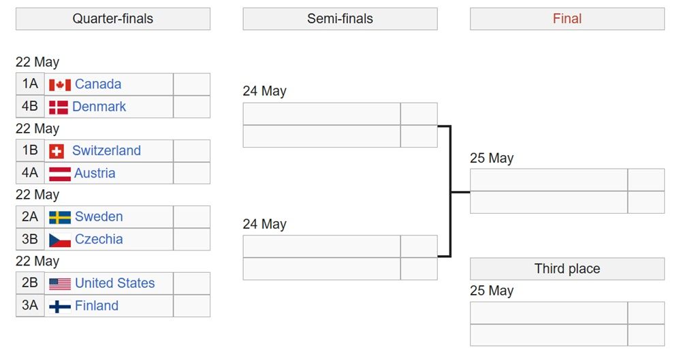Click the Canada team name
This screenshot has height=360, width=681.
tap(98, 84)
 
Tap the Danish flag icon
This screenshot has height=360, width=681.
tap(58, 108)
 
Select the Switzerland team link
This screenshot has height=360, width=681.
tap(106, 150)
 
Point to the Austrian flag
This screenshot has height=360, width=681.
tap(60, 174)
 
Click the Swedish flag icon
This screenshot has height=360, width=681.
tap(60, 217)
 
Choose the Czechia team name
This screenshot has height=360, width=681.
tap(99, 239)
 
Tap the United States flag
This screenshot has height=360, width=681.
tap(60, 284)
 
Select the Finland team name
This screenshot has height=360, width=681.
tap(97, 306)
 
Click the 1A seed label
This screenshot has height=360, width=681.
tap(30, 84)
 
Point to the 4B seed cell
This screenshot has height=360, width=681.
tap(30, 106)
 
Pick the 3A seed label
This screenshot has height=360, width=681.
tap(30, 306)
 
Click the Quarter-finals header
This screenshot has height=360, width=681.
tap(113, 18)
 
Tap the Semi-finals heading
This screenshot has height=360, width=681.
tap(340, 18)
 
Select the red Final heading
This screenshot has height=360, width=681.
tap(567, 18)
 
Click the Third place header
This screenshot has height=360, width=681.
tap(567, 269)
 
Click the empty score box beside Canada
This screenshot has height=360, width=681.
tap(191, 84)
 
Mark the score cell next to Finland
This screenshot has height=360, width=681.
tap(191, 306)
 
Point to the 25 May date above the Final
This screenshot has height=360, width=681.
tap(492, 158)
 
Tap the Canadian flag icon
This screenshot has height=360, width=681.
tap(60, 85)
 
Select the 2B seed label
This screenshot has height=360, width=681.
tap(30, 283)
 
